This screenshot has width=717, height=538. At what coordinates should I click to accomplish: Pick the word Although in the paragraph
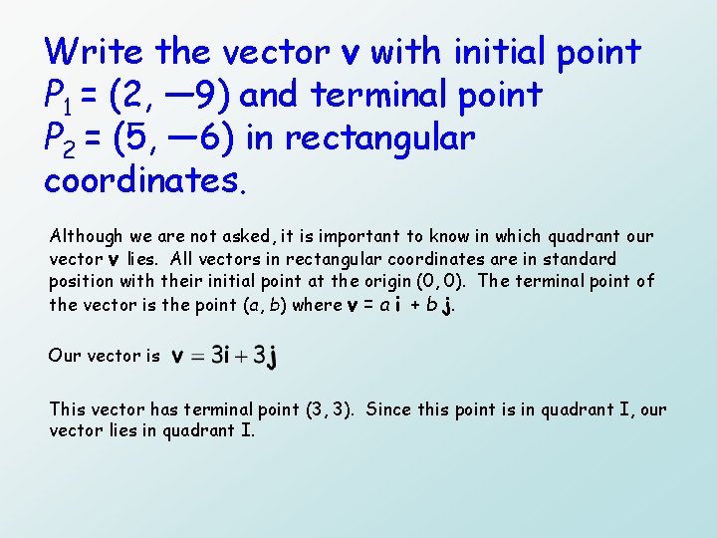[x=86, y=237]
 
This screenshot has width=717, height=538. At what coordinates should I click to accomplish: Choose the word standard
[x=583, y=259]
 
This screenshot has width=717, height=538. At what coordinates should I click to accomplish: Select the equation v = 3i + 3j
[x=224, y=356]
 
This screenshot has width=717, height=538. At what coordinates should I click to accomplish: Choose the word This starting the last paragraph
[x=68, y=409]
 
